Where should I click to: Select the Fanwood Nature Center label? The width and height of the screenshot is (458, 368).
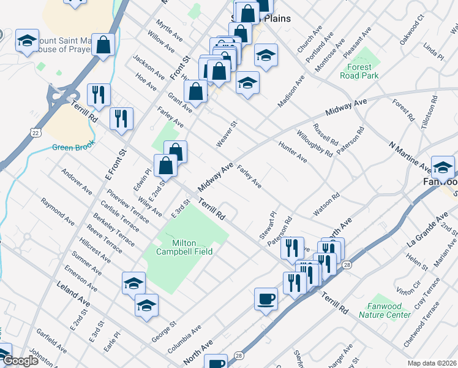click(389, 310)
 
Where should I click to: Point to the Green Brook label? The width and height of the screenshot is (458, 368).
click(71, 147)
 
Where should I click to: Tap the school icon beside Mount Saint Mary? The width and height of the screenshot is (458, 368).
click(27, 40)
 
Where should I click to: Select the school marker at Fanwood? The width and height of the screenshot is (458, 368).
click(443, 166)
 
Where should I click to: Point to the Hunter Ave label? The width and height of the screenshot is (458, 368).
click(293, 151)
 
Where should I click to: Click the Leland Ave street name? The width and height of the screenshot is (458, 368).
click(73, 293)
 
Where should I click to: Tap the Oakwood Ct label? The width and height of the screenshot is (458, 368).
click(411, 31)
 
